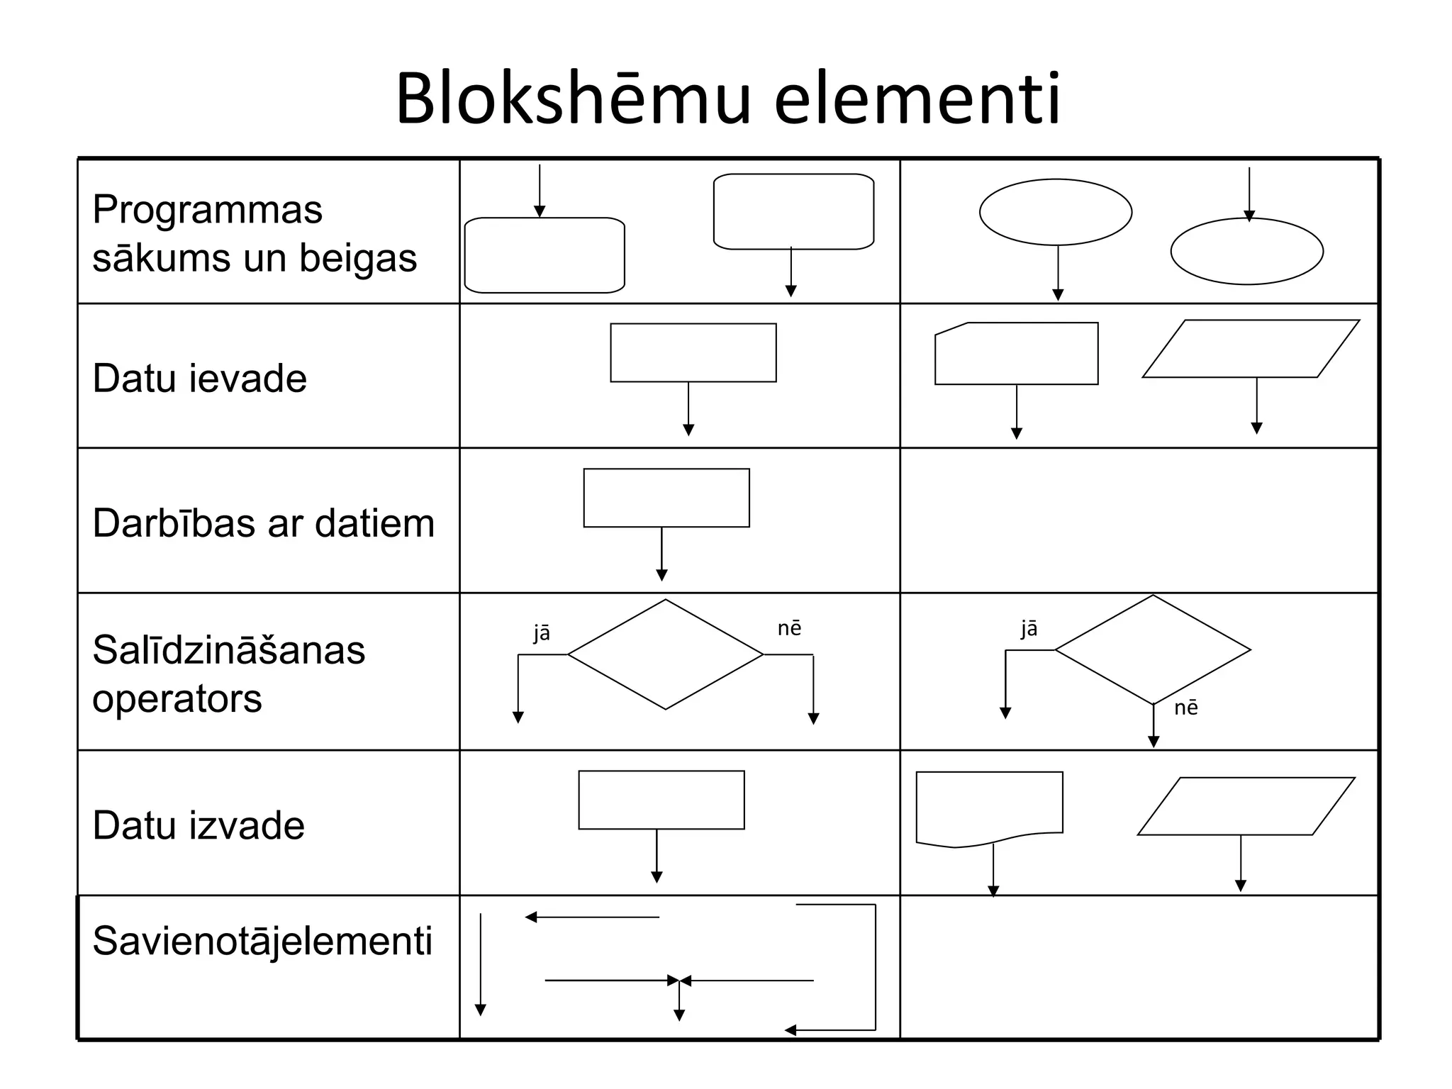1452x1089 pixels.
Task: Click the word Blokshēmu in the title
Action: point(573,99)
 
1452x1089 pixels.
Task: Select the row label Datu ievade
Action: point(199,378)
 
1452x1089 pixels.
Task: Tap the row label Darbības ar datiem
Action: point(263,523)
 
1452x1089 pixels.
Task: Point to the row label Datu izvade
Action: point(199,825)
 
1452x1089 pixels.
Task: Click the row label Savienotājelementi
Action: point(262,941)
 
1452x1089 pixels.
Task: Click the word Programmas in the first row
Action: point(207,210)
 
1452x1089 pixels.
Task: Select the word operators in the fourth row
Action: point(177,698)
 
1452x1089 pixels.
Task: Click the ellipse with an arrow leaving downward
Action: point(1055,212)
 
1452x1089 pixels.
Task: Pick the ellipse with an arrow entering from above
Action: point(1246,252)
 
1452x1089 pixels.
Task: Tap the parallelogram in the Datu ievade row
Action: point(1251,349)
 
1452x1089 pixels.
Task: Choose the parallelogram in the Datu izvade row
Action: point(1246,806)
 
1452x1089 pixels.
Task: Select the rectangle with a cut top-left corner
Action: point(1016,354)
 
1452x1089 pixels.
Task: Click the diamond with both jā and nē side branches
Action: point(665,654)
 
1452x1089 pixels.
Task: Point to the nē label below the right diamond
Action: point(1185,708)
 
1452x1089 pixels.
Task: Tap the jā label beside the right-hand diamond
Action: point(1029,628)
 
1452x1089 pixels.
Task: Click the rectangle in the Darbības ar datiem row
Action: point(666,498)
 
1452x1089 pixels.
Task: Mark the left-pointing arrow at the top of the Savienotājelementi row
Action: point(592,917)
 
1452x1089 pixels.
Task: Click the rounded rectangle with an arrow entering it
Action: point(544,255)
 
